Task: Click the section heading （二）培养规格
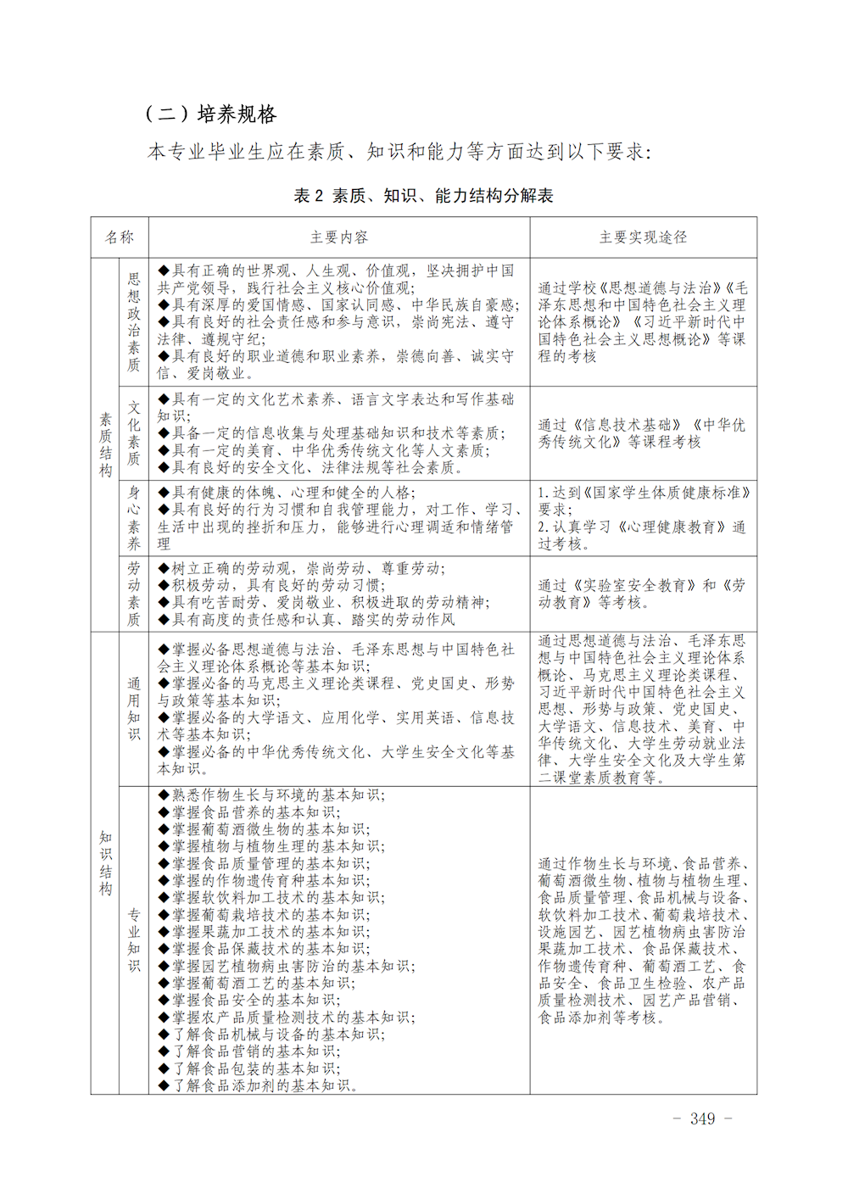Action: coord(211,114)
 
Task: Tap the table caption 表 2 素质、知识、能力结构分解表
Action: coord(423,196)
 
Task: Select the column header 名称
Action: coord(120,237)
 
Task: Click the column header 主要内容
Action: coord(339,237)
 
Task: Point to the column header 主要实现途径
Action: coord(643,237)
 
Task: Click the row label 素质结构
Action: coord(105,444)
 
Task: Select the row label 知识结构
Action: coord(105,862)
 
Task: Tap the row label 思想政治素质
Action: coord(134,321)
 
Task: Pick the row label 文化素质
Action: coord(134,433)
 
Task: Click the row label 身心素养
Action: coord(134,518)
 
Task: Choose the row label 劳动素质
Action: coord(134,594)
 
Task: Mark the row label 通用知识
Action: coord(134,708)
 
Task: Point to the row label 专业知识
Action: coord(134,940)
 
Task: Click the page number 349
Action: coord(702,1119)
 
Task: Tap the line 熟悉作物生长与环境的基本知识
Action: coord(271,795)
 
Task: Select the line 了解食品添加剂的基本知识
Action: coord(259,1085)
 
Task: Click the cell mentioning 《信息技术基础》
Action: coord(642,433)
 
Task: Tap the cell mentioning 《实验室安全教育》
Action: coord(642,594)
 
